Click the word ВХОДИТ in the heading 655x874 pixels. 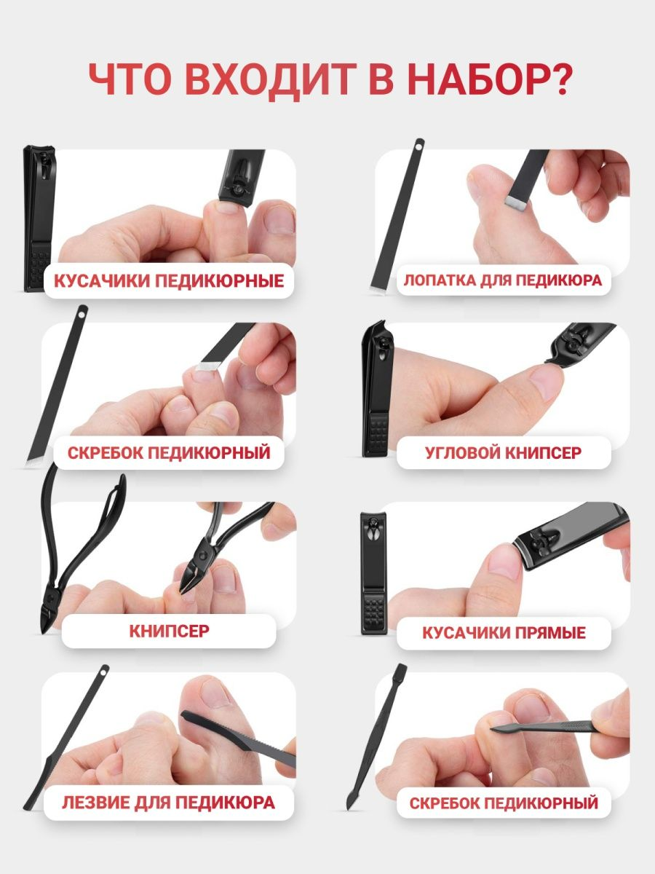coord(271,79)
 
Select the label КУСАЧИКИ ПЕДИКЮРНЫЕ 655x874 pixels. coord(169,280)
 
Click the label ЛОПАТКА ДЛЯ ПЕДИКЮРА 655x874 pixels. coord(503,280)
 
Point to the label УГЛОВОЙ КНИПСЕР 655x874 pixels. coord(503,453)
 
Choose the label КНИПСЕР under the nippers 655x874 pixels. coord(169,631)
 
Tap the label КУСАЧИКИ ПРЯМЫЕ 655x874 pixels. coord(504,633)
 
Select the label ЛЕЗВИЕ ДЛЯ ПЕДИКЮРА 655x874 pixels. coord(169,803)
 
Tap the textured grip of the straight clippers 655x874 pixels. coord(374,613)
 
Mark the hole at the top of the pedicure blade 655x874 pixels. coord(103,672)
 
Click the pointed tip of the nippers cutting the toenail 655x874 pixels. coord(181,591)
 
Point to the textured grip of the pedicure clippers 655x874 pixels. coord(40,267)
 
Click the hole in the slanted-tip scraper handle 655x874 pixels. coord(82,315)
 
